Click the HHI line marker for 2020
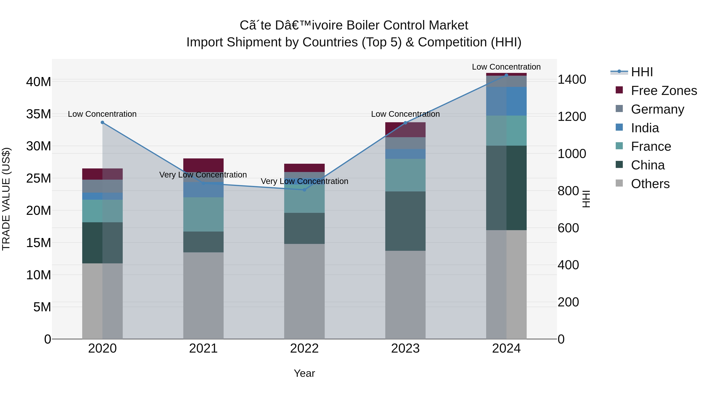tap(102, 122)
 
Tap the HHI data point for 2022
tap(304, 190)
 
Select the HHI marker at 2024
tap(506, 75)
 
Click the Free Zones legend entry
tap(664, 91)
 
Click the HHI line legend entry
tap(642, 72)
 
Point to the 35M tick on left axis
tap(39, 114)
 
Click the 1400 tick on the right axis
tap(572, 80)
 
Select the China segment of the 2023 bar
tap(405, 221)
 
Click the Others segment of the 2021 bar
tap(203, 295)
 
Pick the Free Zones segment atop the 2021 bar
tap(203, 165)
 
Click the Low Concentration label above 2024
tap(506, 67)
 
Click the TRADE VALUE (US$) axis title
tap(6, 199)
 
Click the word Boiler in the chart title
tap(363, 25)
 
